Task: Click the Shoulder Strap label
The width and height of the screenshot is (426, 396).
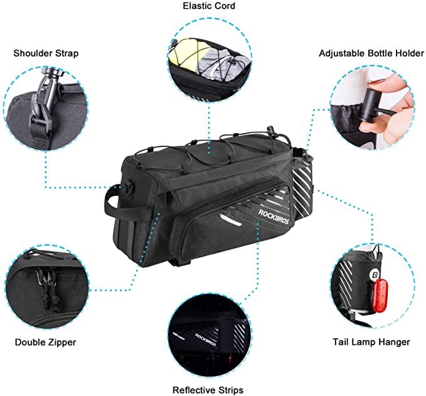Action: (46, 53)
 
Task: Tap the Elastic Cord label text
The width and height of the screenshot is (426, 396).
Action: (209, 6)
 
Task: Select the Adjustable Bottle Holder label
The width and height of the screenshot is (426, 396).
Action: (371, 53)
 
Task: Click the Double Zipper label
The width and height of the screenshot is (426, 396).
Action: (45, 342)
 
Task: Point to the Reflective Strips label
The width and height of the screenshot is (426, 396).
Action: (208, 390)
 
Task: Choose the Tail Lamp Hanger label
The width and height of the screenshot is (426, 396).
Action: (371, 341)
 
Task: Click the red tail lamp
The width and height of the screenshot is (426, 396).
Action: (380, 296)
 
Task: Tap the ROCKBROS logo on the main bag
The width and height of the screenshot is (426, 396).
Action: (274, 217)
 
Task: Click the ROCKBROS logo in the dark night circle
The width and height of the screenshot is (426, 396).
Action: (205, 340)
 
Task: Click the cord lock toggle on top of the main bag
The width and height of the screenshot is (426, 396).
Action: (270, 131)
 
